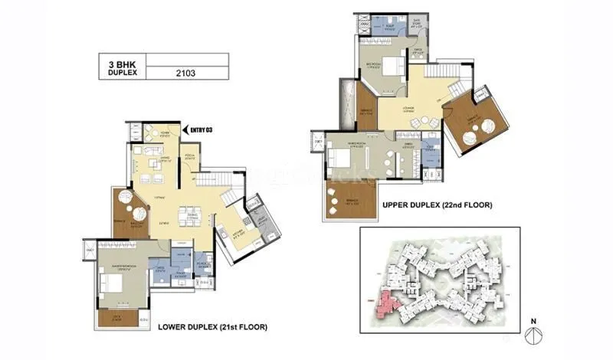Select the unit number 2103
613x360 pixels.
pyautogui.click(x=186, y=74)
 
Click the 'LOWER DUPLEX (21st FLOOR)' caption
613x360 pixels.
pyautogui.click(x=212, y=327)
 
